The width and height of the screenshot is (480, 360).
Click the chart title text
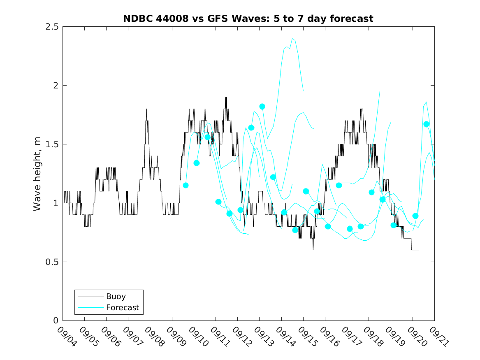tap(248, 19)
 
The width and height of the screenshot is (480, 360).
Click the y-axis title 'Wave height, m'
tap(37, 174)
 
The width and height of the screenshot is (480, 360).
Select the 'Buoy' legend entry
tap(116, 296)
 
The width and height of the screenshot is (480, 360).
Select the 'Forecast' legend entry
tap(122, 307)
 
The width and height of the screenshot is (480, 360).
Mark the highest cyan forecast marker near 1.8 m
tap(262, 107)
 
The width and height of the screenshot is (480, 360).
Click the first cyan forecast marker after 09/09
tap(186, 185)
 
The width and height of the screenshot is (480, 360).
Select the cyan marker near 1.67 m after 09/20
tap(426, 124)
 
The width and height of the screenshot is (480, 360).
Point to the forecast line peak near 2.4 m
tap(292, 39)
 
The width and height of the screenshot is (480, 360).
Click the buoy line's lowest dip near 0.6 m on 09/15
tap(313, 249)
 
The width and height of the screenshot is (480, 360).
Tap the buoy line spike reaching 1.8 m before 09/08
tap(146, 109)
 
